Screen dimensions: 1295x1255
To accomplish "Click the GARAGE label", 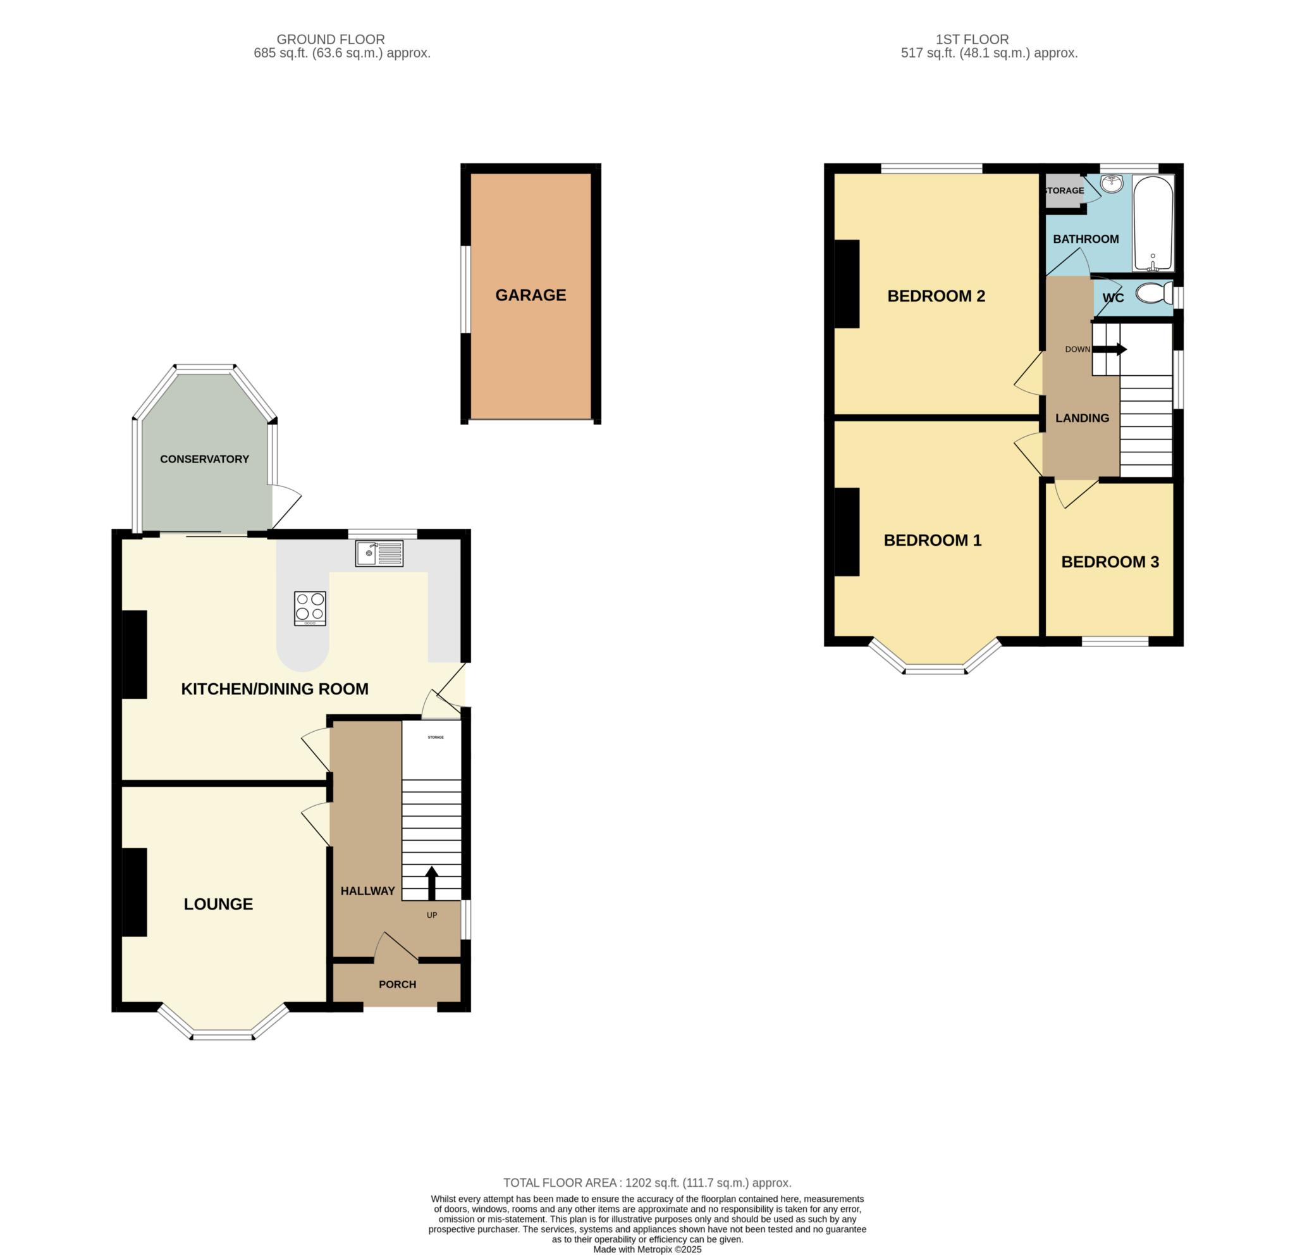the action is (x=531, y=295).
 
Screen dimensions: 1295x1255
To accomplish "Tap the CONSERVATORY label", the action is (x=204, y=459).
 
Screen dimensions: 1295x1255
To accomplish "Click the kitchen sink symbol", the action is (x=379, y=553).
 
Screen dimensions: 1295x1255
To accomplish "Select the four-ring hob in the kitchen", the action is (x=310, y=608).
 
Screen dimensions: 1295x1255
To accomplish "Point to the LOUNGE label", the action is (x=218, y=903).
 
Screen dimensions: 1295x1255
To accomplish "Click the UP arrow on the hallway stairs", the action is (x=431, y=883).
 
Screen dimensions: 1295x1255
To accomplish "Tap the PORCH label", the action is (x=397, y=984).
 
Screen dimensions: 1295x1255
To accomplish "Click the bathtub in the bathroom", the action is (x=1153, y=223).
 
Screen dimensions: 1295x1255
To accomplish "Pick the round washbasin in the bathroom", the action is (x=1112, y=183).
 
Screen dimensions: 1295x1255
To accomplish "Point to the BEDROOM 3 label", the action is (x=1110, y=562).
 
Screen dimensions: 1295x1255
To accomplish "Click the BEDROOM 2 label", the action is (x=936, y=296).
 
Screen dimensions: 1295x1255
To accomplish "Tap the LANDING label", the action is (x=1083, y=417).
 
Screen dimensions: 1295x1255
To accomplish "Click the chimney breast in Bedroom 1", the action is (x=847, y=532).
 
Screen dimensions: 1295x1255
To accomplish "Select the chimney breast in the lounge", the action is (x=134, y=892).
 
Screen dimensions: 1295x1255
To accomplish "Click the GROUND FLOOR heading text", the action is (x=330, y=40).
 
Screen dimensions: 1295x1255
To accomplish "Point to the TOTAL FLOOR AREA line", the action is (x=647, y=1183).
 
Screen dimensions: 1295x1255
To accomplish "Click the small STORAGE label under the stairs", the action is (x=436, y=737).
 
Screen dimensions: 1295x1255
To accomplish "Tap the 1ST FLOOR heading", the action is (x=972, y=40).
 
